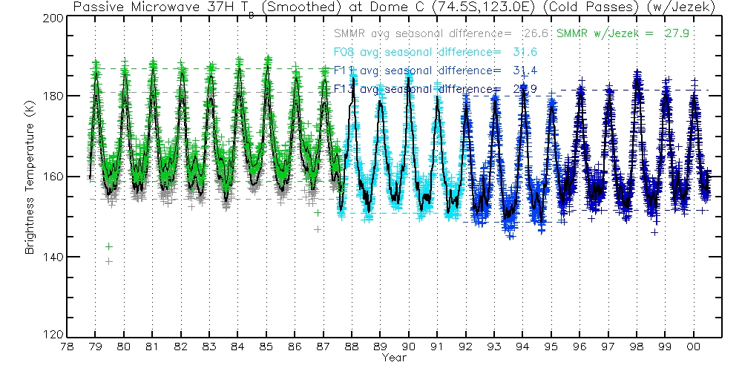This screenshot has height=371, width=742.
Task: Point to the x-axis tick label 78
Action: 67,347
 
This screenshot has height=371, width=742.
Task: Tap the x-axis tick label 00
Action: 694,347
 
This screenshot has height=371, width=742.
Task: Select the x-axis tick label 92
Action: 466,347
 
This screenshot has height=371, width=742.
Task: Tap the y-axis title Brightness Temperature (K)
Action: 30,177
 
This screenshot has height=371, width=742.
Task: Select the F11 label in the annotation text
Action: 344,70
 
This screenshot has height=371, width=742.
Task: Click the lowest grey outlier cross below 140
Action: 109,261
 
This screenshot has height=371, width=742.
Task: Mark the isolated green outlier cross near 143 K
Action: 109,246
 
